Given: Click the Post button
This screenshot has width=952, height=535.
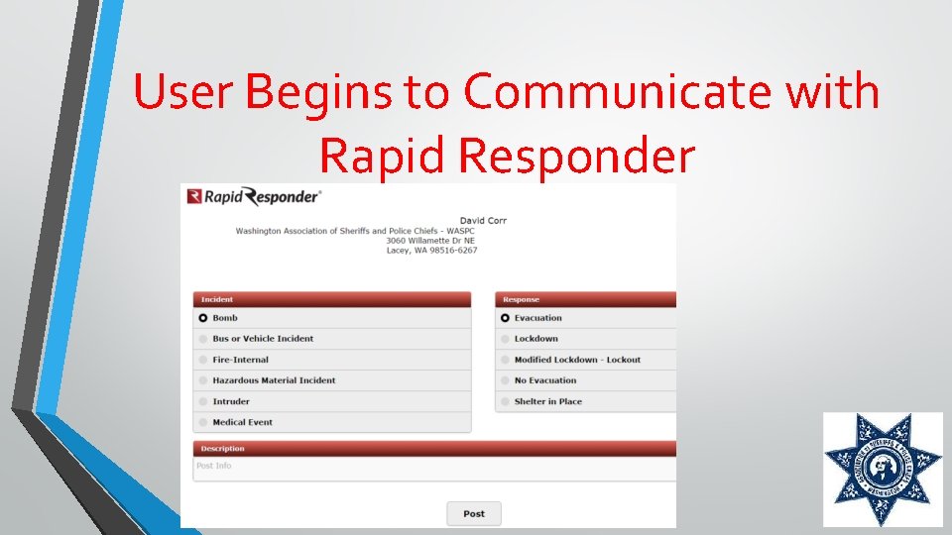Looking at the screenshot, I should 474,513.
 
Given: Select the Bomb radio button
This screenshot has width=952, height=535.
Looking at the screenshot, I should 203,318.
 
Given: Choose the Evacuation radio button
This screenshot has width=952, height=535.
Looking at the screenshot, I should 505,318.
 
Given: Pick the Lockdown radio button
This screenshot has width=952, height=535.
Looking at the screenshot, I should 505,339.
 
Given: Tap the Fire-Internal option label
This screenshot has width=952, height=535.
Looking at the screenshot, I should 240,360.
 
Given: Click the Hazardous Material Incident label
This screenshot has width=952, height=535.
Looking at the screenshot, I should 274,380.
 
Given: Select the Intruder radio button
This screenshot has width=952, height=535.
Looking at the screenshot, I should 203,401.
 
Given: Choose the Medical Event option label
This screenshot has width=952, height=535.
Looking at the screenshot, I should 242,422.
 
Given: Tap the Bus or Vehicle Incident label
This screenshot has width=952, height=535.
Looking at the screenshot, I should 263,339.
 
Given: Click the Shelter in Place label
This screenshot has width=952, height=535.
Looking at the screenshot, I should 547,401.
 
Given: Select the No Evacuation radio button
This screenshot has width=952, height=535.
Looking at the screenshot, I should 505,380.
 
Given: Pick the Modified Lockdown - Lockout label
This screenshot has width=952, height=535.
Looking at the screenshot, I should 577,360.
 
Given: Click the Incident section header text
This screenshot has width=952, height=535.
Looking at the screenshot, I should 217,299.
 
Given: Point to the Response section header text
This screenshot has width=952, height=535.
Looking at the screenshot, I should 521,299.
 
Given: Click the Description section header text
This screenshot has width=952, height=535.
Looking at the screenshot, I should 222,449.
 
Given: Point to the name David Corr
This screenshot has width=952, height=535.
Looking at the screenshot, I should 483,220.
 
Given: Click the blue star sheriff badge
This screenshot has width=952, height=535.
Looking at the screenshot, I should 882,470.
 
